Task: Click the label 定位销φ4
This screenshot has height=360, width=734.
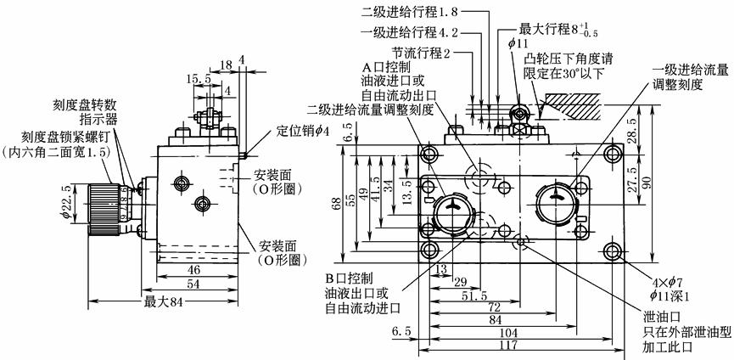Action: [x=300, y=132]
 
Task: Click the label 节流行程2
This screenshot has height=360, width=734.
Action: [x=421, y=52]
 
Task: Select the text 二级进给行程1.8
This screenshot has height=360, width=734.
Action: [x=410, y=12]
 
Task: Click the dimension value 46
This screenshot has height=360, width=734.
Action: [x=194, y=268]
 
